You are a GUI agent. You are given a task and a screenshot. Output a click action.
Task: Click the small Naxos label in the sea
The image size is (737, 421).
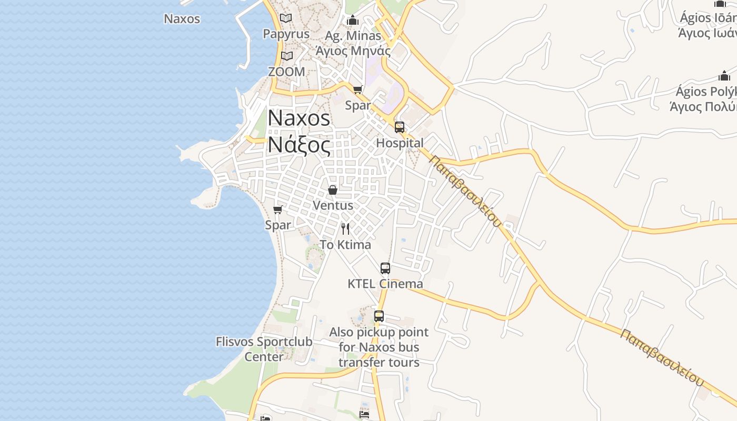(182, 19)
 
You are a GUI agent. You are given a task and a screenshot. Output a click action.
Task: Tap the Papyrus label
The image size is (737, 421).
(286, 34)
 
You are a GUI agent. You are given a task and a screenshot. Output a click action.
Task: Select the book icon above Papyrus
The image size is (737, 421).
(286, 18)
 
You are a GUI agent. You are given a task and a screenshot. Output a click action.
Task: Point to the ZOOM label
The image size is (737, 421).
(286, 72)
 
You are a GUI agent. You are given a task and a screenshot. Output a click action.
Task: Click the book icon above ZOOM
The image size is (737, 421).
(286, 56)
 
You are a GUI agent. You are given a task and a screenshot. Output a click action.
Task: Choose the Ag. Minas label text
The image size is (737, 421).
(353, 36)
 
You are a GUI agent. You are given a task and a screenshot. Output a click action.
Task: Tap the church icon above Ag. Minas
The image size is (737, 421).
(353, 21)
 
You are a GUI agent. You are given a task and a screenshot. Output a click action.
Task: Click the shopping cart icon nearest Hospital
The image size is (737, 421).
(358, 90)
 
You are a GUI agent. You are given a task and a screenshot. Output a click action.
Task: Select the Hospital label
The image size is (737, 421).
(400, 143)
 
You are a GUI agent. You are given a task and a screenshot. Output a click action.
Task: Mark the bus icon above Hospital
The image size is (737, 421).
(400, 127)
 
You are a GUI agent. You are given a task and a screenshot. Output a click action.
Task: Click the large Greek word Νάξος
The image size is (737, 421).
(299, 145)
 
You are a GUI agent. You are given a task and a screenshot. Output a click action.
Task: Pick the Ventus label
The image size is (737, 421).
(333, 205)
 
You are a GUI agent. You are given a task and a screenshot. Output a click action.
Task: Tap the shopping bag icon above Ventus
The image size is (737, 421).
(333, 190)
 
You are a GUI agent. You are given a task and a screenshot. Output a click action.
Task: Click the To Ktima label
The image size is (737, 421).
(345, 245)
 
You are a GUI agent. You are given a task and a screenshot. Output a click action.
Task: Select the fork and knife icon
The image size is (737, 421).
(345, 228)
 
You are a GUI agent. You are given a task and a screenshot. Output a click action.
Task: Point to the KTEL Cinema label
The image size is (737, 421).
(385, 284)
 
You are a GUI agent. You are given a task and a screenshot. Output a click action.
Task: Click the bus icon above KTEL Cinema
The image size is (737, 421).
(385, 268)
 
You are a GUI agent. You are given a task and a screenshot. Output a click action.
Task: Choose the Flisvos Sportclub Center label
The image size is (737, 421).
(264, 349)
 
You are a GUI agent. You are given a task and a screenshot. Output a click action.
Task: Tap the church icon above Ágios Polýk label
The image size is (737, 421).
(724, 76)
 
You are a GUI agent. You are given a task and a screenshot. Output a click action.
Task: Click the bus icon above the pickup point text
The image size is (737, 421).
(379, 316)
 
